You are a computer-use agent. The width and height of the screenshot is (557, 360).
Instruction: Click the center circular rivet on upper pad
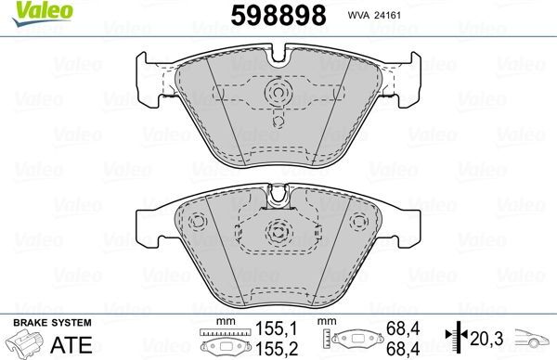tap(278, 93)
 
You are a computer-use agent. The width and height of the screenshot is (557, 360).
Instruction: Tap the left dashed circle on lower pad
tap(197, 223)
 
